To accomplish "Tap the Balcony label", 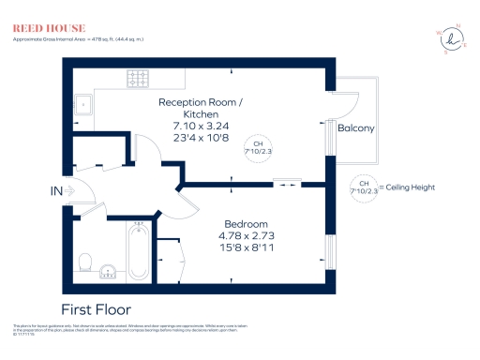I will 356,128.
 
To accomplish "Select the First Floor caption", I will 96,308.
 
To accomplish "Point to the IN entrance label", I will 56,191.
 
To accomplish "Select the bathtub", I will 140,250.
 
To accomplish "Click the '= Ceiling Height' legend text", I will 408,187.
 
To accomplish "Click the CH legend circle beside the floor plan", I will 362,187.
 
